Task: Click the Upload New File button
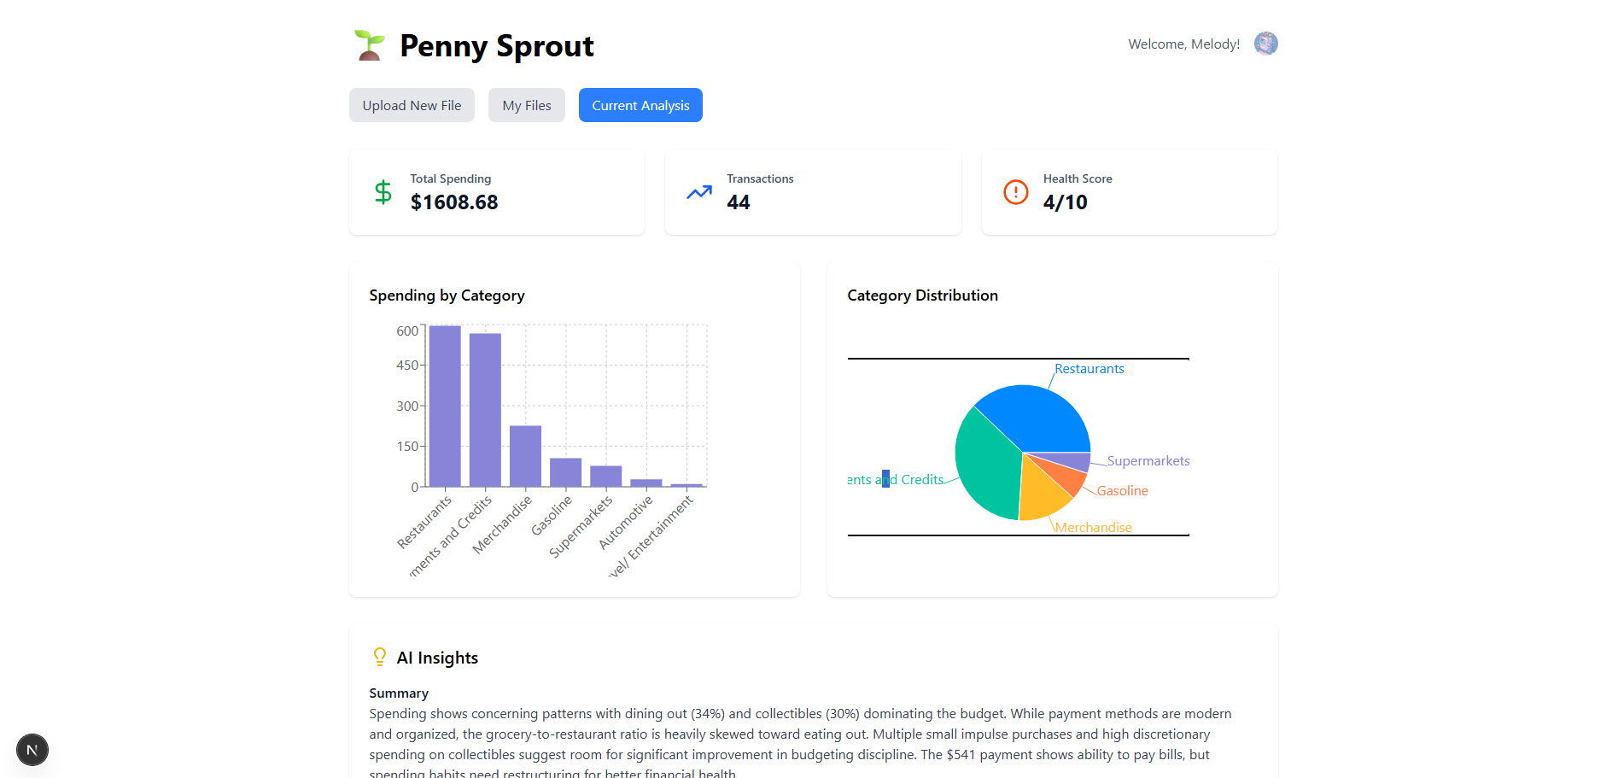(x=412, y=105)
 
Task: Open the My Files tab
(x=526, y=105)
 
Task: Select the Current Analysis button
(x=640, y=105)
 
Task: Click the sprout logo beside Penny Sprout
(x=370, y=45)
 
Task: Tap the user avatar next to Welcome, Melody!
(x=1265, y=44)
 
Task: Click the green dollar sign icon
(x=383, y=192)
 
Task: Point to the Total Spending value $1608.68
(x=454, y=202)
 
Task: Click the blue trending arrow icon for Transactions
(x=699, y=192)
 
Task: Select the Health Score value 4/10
(x=1065, y=202)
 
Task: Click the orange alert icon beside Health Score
(x=1015, y=192)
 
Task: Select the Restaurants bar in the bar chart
(x=445, y=406)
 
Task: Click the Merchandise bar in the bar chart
(x=525, y=456)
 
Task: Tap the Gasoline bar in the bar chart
(x=565, y=472)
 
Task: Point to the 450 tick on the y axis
(x=407, y=366)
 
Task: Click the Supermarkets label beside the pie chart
(x=1148, y=461)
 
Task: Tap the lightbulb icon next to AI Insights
(x=380, y=657)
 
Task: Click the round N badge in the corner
(x=32, y=750)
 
